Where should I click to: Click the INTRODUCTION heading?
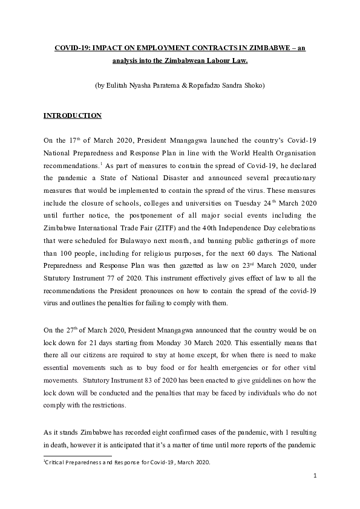73,115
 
